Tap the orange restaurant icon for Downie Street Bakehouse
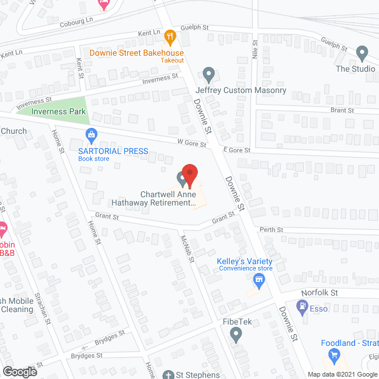[170, 37]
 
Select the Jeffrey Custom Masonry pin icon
[208, 75]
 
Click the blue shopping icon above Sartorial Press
[91, 136]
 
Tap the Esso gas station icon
[303, 307]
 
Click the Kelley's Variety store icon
[258, 279]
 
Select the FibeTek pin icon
[236, 336]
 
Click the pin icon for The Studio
[362, 54]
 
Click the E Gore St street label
[233, 151]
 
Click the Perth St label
[271, 230]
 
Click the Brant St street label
[342, 110]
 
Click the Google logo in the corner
[19, 371]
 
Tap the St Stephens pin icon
[168, 375]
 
